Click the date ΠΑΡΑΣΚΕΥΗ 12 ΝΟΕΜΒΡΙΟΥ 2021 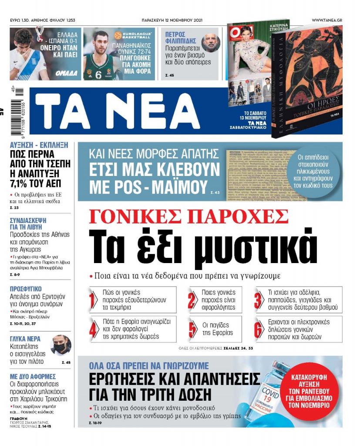[172, 20]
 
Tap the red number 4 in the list [93, 329]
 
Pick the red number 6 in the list [258, 329]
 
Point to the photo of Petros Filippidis [211, 43]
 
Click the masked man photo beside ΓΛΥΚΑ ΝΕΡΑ [60, 345]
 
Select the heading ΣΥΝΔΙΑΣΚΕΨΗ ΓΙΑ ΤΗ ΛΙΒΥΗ [28, 223]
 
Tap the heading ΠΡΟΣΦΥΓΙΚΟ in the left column [26, 289]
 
